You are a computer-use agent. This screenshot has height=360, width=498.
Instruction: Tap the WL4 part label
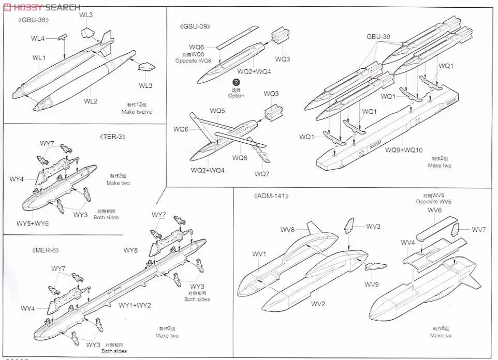(x=38, y=38)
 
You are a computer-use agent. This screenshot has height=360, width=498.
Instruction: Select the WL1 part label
(x=39, y=57)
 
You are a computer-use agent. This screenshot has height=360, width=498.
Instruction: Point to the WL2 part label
(x=91, y=101)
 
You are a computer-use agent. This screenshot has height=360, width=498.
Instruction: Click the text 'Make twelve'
(x=137, y=112)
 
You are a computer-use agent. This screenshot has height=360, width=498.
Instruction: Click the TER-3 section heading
(x=112, y=137)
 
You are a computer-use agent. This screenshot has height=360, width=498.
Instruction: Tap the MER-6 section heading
(x=44, y=250)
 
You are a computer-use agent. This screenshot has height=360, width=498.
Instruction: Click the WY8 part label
(x=130, y=250)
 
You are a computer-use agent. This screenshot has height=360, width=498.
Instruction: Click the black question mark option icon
(x=236, y=83)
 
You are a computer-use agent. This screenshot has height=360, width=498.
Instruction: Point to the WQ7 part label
(x=262, y=174)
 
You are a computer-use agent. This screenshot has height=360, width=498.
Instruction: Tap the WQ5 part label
(x=217, y=111)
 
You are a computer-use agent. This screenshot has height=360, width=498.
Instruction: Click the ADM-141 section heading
(x=271, y=196)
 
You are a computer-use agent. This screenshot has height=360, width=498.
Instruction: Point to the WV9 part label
(x=372, y=284)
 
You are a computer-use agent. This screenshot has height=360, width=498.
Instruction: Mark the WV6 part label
(x=434, y=210)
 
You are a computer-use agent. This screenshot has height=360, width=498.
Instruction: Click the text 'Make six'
(x=441, y=335)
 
